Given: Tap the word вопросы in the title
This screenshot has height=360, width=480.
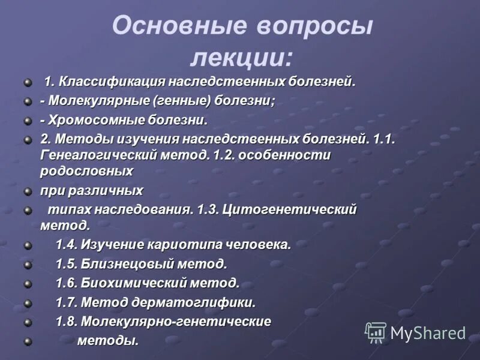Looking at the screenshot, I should [x=316, y=27].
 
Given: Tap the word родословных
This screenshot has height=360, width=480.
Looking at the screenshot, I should [x=86, y=171].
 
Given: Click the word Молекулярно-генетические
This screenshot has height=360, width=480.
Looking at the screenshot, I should [x=176, y=321].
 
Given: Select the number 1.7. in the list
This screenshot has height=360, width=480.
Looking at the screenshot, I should [x=66, y=302].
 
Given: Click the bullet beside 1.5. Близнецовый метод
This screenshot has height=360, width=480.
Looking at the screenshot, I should [x=27, y=264].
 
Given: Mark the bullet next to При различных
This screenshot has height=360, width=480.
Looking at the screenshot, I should [x=27, y=191].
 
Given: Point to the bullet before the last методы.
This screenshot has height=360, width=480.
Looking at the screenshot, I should [x=27, y=341].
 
